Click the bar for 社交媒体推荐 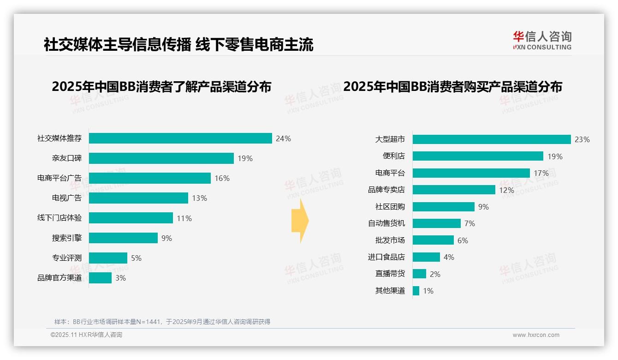180,138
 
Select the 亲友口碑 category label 66,158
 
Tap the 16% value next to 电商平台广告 222,178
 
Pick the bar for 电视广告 138,198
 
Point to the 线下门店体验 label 59,218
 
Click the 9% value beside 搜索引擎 166,238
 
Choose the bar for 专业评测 108,258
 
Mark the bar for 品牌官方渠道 100,278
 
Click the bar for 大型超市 492,139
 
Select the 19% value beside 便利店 555,156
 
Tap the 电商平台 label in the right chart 390,173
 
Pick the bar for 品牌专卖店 454,190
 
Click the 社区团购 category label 390,207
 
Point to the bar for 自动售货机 436,223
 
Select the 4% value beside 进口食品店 449,257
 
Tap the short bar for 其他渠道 416,291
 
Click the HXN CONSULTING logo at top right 542,41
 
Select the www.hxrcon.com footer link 536,335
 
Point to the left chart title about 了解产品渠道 161,87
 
